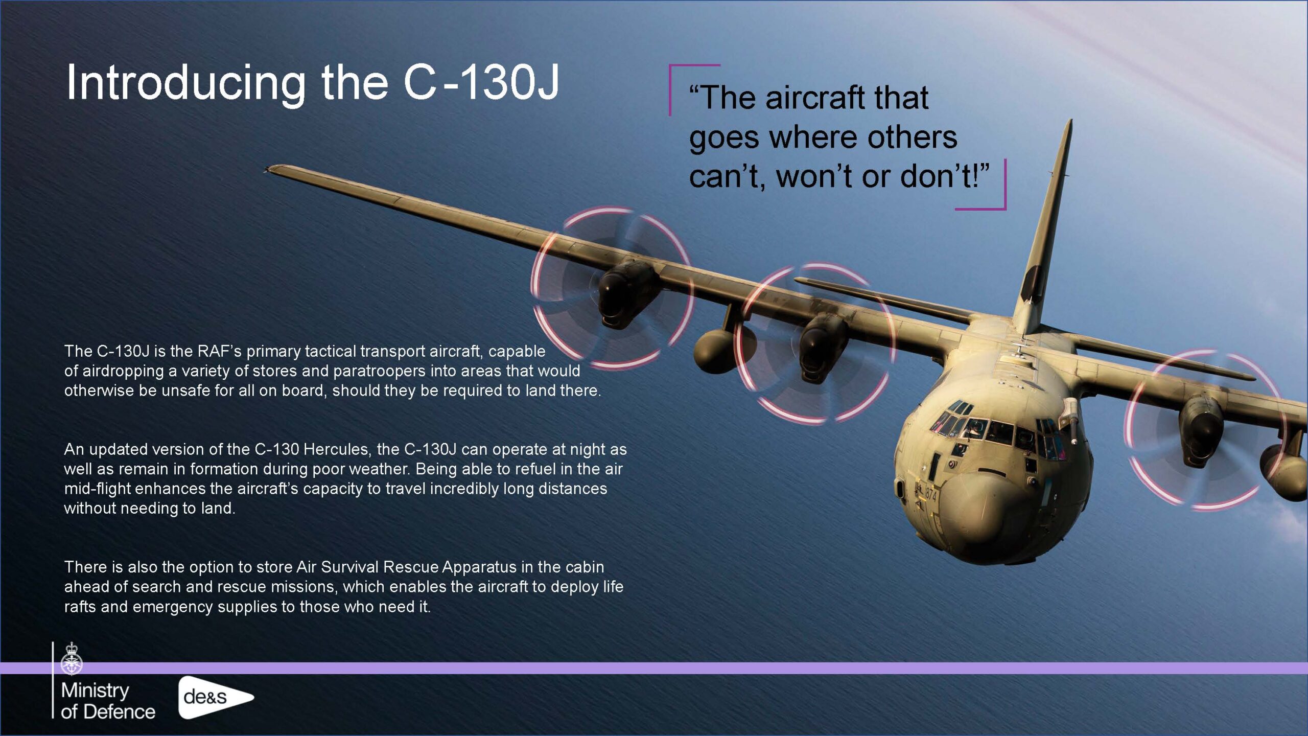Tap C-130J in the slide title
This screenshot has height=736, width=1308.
(x=481, y=82)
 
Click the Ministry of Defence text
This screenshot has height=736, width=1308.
(x=108, y=701)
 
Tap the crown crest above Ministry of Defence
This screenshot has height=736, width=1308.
(x=72, y=659)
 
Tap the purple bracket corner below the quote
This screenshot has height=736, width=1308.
(x=1004, y=208)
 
